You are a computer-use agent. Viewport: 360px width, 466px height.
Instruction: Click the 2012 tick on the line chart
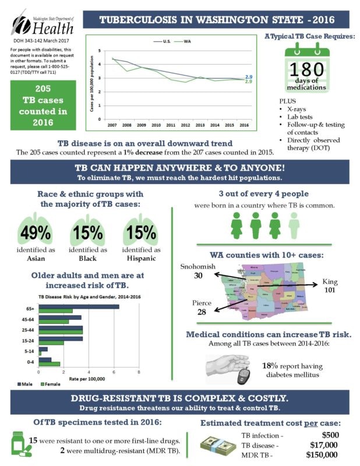(185, 125)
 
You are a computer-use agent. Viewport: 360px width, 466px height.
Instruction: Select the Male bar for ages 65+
(78, 307)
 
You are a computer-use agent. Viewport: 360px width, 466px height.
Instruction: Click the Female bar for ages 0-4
(49, 364)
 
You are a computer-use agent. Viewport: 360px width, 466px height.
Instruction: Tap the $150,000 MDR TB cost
(321, 454)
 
